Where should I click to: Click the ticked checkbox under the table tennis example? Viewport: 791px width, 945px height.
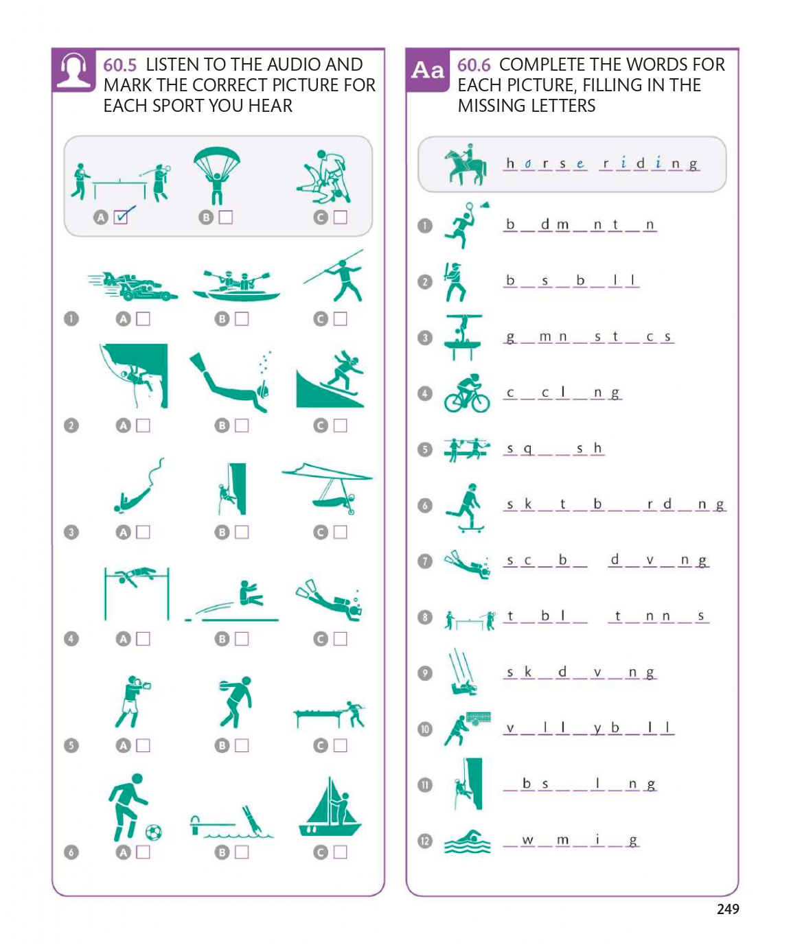pyautogui.click(x=120, y=218)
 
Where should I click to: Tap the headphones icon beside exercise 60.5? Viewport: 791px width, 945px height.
pyautogui.click(x=73, y=70)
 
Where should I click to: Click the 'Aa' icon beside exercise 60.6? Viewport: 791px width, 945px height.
pyautogui.click(x=427, y=70)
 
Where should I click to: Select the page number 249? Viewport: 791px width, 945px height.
pyautogui.click(x=728, y=909)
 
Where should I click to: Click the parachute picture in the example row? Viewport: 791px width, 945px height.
pyautogui.click(x=217, y=175)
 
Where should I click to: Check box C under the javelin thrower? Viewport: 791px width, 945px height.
pyautogui.click(x=340, y=318)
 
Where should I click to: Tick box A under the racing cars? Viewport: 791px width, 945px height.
pyautogui.click(x=143, y=318)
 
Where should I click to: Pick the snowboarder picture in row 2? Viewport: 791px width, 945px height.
pyautogui.click(x=330, y=380)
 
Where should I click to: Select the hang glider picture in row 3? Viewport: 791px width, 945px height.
pyautogui.click(x=327, y=488)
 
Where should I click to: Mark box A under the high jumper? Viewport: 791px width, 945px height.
pyautogui.click(x=143, y=639)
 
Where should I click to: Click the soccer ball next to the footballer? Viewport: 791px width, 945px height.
pyautogui.click(x=154, y=832)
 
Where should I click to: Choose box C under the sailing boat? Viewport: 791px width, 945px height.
pyautogui.click(x=340, y=852)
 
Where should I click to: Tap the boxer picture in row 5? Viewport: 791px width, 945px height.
pyautogui.click(x=132, y=701)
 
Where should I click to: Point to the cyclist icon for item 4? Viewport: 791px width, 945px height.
pyautogui.click(x=467, y=393)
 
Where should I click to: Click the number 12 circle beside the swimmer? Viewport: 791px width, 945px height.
pyautogui.click(x=425, y=841)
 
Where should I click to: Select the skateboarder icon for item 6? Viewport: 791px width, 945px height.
pyautogui.click(x=466, y=507)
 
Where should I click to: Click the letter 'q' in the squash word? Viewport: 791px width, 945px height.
pyautogui.click(x=527, y=449)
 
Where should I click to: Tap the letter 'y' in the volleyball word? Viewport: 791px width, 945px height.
pyautogui.click(x=597, y=727)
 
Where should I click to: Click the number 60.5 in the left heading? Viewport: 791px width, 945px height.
pyautogui.click(x=119, y=65)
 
